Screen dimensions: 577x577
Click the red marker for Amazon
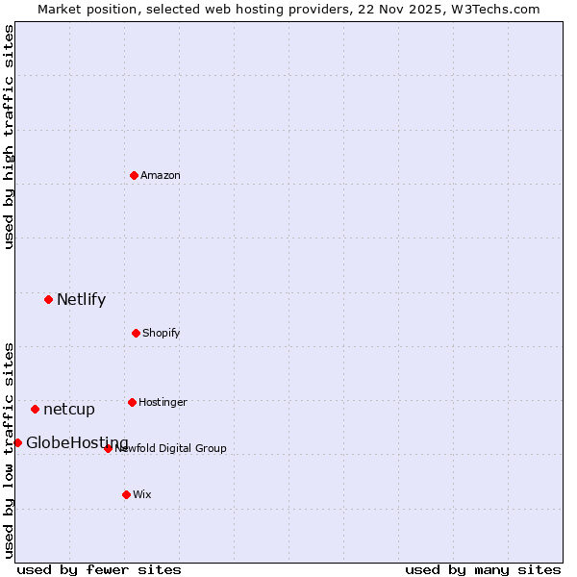134,175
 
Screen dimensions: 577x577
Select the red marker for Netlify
48,299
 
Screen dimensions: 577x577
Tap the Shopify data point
136,333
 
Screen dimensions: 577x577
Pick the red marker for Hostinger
132,402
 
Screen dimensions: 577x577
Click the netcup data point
35,409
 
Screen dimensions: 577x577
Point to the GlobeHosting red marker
17,442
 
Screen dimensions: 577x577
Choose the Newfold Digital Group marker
108,448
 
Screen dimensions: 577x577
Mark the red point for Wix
126,494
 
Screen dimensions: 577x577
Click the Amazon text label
161,175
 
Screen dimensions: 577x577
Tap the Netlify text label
82,299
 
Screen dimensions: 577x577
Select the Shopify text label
162,333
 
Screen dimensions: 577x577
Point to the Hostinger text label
163,402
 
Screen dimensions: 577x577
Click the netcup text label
69,409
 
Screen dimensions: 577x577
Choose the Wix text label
142,494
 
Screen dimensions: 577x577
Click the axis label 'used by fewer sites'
99,569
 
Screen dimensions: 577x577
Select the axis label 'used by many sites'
483,569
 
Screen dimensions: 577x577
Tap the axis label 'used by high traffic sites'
9,138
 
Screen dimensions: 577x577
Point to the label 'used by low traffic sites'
9,449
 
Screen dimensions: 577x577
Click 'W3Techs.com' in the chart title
497,9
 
